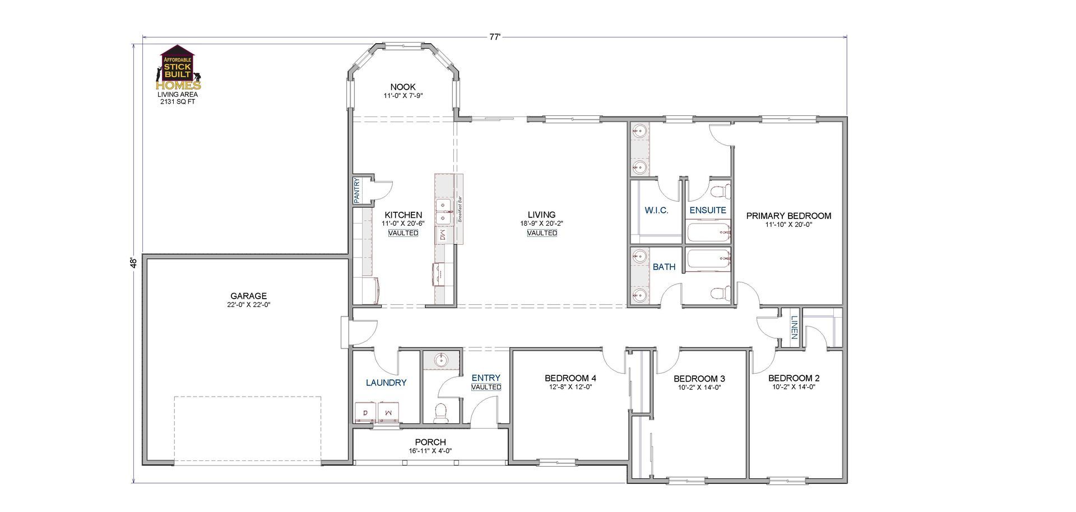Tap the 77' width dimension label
pos(494,37)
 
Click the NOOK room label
pos(403,87)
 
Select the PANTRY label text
pos(356,190)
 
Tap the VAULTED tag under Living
pos(541,233)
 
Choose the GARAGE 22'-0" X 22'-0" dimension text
pos(248,305)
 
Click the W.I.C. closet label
pos(656,211)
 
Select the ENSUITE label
pos(707,211)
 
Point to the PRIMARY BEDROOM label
pos(789,216)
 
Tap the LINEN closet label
pos(794,328)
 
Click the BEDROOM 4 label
pos(570,378)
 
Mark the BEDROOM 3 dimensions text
pos(699,388)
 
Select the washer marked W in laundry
pos(388,412)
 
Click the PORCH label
pos(430,442)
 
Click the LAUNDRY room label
pos(386,383)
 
